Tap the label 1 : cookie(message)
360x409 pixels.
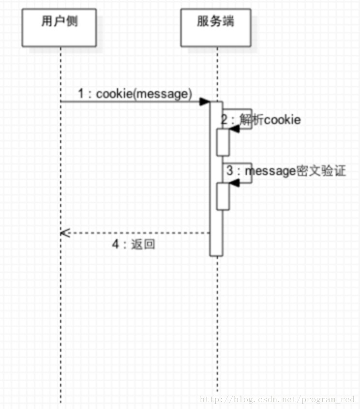point(135,93)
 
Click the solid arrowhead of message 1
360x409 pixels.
point(205,102)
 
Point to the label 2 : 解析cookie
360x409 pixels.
point(261,119)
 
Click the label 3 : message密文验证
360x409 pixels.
point(286,171)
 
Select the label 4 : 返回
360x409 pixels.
point(134,245)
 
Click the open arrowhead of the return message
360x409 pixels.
point(65,233)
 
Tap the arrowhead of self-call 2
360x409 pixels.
point(234,125)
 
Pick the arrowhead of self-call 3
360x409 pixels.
point(234,182)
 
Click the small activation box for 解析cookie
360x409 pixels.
point(223,142)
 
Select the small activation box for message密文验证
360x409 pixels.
point(223,196)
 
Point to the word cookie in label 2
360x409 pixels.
point(282,119)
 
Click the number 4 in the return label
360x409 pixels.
point(115,245)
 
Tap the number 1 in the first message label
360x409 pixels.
point(81,93)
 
